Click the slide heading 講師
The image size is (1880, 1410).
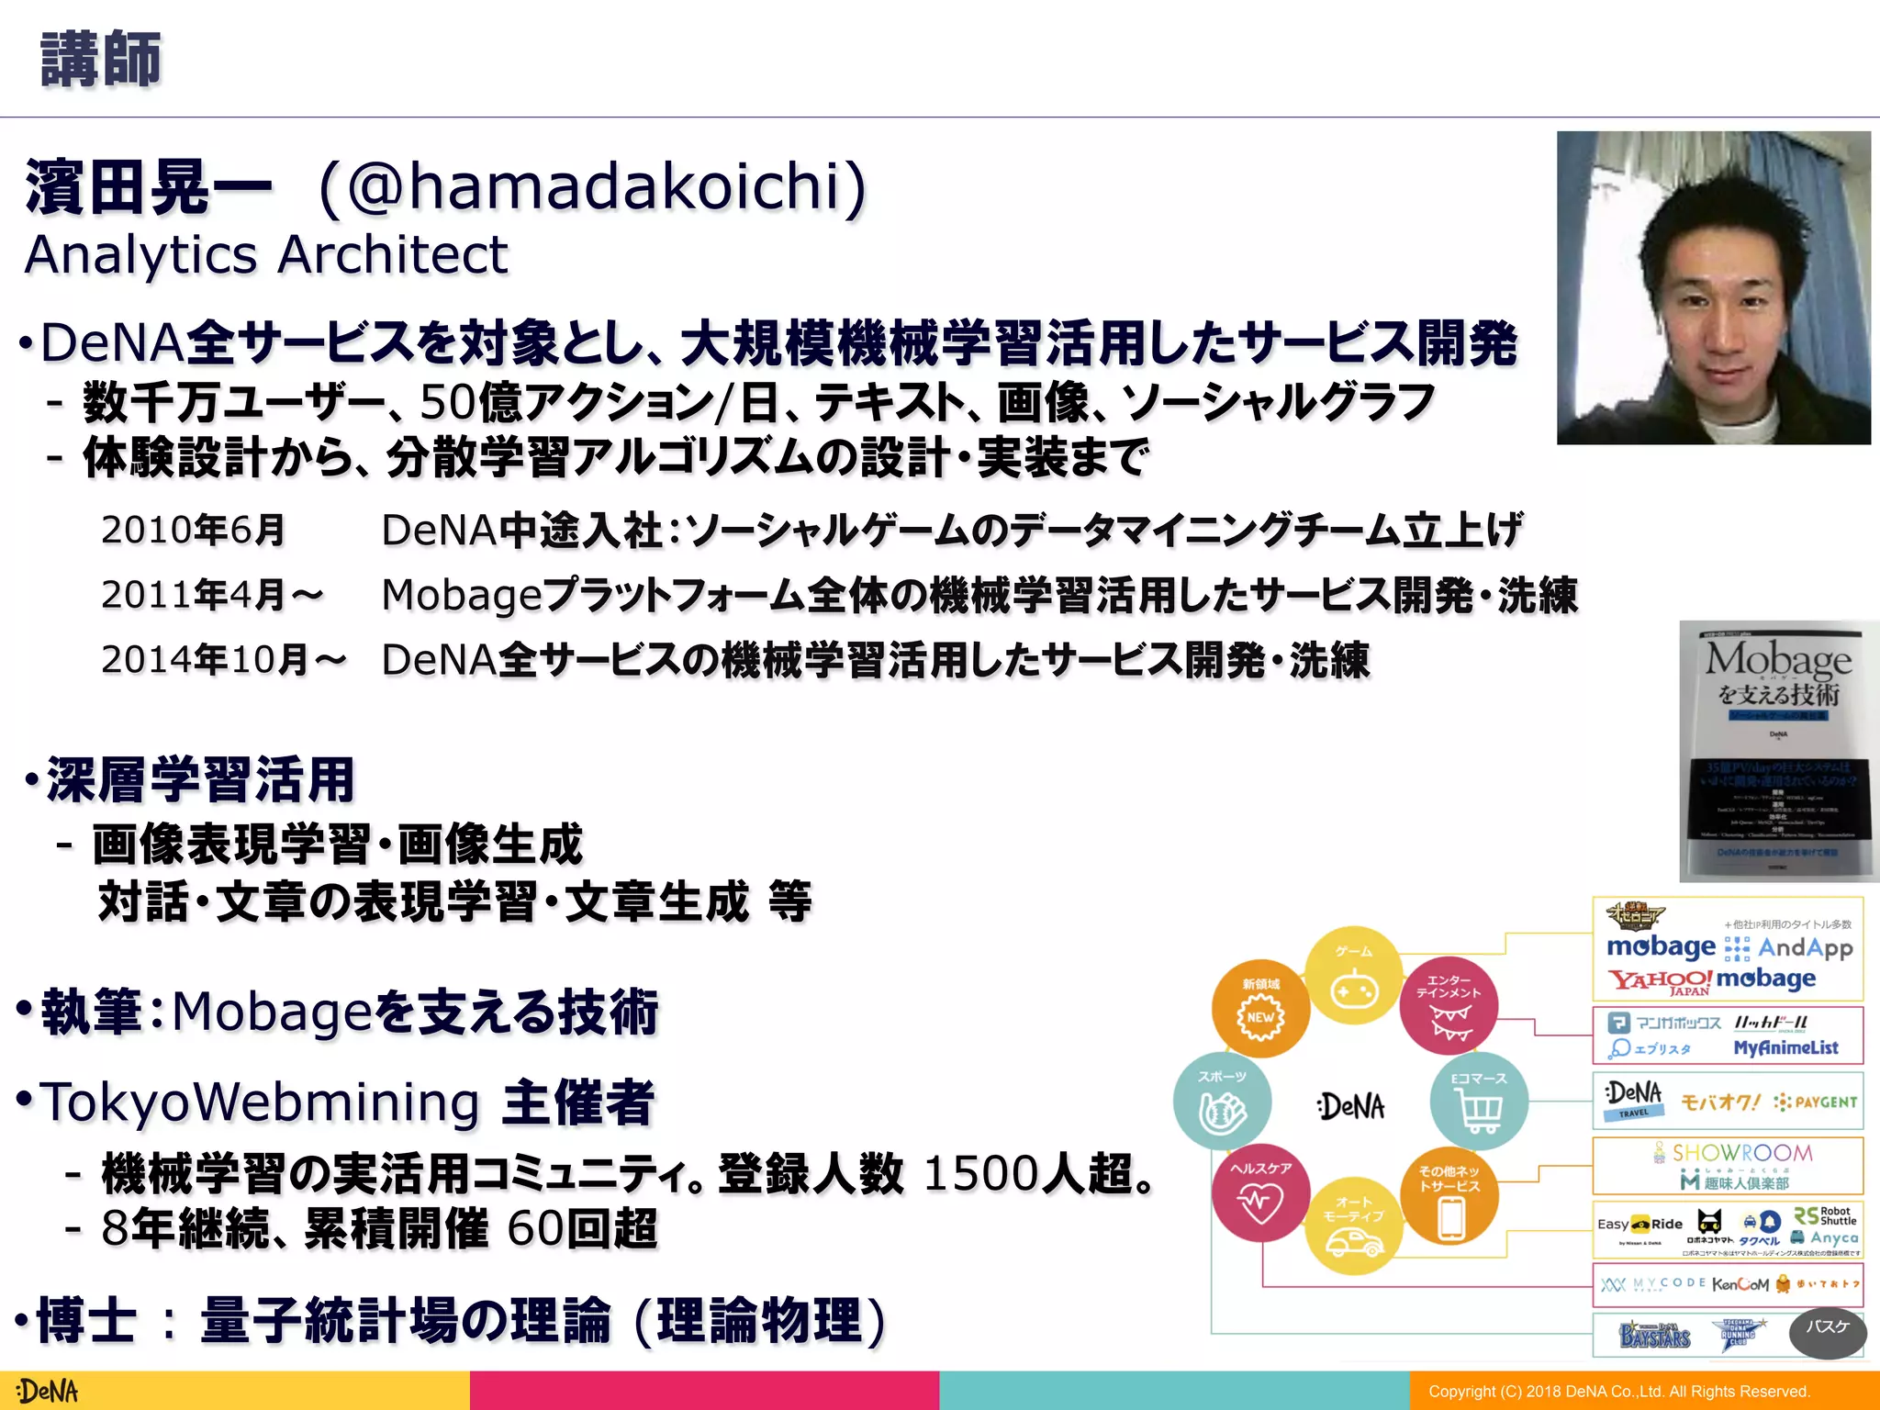(101, 59)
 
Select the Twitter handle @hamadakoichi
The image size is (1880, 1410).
(592, 186)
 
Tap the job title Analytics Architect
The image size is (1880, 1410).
(266, 254)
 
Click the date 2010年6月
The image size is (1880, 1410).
(193, 530)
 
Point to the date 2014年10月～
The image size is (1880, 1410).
(223, 659)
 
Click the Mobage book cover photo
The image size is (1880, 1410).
(1779, 751)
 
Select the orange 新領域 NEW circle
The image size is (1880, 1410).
(1260, 1008)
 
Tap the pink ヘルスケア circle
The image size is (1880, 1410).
(1260, 1193)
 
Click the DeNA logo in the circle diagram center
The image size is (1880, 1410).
(1350, 1106)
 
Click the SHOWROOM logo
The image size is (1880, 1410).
(1741, 1153)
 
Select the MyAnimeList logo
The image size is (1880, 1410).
(1785, 1047)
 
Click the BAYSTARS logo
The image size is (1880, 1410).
(1654, 1337)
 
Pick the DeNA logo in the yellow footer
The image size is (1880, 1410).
(48, 1392)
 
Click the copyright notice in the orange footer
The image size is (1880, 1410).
(1619, 1392)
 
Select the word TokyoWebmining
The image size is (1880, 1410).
(260, 1102)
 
